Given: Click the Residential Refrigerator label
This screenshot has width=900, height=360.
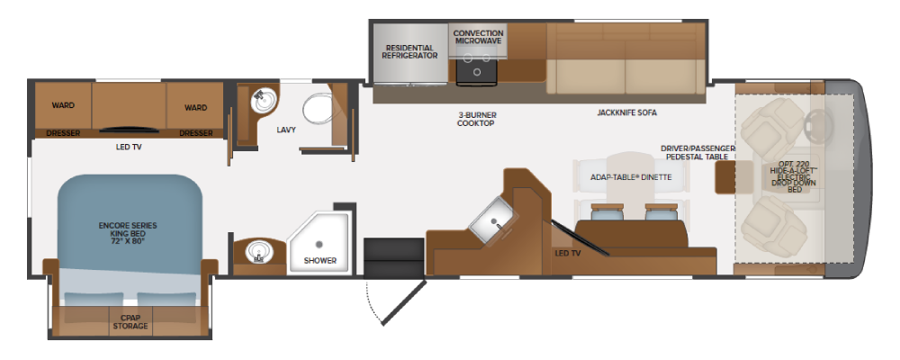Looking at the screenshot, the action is [x=409, y=51].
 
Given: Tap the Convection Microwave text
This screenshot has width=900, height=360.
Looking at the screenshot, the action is [x=478, y=37].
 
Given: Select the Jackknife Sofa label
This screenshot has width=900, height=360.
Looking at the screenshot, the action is [x=626, y=113].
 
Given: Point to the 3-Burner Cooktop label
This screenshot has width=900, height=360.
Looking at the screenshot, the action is [x=477, y=119].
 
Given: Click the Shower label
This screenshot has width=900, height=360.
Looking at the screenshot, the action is [x=320, y=261].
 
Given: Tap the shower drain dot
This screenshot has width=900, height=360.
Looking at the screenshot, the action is [x=319, y=243].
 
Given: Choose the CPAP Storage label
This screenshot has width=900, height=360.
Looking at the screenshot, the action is [x=130, y=321].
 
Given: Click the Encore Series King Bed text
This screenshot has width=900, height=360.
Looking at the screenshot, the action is [x=128, y=234].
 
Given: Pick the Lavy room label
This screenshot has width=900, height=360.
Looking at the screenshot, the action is [x=286, y=130].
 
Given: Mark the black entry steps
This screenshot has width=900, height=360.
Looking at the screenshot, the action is [x=394, y=257].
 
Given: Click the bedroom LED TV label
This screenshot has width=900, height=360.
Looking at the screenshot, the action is [x=129, y=147].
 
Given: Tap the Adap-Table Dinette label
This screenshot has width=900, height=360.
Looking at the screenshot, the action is [x=631, y=177].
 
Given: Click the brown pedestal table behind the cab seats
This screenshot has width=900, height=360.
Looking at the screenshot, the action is [x=733, y=177].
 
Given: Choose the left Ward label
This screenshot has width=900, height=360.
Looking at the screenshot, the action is [x=63, y=105].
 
